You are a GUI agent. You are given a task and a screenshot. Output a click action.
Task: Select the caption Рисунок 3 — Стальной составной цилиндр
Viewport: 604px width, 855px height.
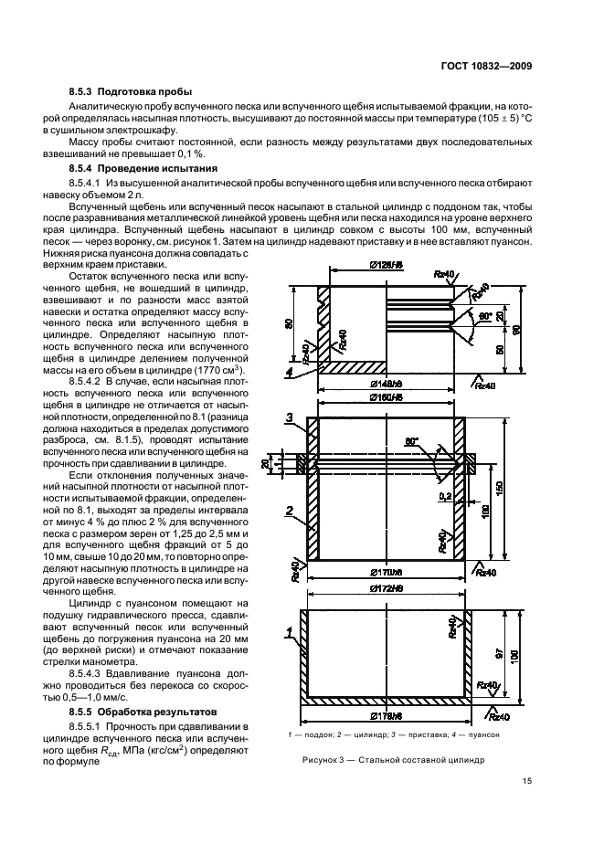pyautogui.click(x=385, y=759)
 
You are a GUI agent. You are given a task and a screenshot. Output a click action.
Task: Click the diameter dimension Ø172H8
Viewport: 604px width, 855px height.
pyautogui.click(x=387, y=588)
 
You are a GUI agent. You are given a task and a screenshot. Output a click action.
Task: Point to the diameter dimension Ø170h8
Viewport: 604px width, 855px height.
pyautogui.click(x=387, y=572)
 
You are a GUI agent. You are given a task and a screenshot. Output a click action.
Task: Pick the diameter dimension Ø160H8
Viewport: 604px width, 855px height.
pyautogui.click(x=387, y=407)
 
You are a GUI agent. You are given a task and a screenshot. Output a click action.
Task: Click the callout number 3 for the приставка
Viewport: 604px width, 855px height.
pyautogui.click(x=290, y=418)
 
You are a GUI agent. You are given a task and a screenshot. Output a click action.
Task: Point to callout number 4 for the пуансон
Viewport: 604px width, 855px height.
pyautogui.click(x=290, y=373)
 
